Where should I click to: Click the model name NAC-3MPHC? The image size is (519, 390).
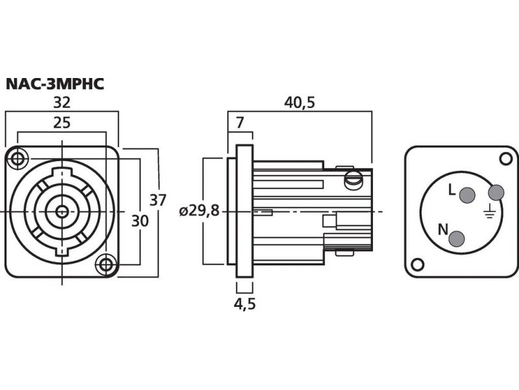[x=55, y=84]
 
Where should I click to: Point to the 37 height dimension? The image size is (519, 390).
[x=158, y=200]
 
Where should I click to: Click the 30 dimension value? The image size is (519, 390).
[x=139, y=221]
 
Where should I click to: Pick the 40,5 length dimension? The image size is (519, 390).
[x=299, y=102]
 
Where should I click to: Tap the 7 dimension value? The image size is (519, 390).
[x=239, y=122]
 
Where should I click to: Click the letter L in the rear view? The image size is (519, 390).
[x=452, y=190]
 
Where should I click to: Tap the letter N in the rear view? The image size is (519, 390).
[x=442, y=228]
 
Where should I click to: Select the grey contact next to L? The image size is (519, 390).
[x=467, y=194]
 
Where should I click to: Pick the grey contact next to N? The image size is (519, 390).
[x=457, y=239]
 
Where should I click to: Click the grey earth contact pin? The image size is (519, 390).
[x=496, y=192]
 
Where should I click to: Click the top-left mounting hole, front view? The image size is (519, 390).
[x=18, y=158]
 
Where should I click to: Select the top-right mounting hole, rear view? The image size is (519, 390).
[x=505, y=158]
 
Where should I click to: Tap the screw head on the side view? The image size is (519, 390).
[x=354, y=178]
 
